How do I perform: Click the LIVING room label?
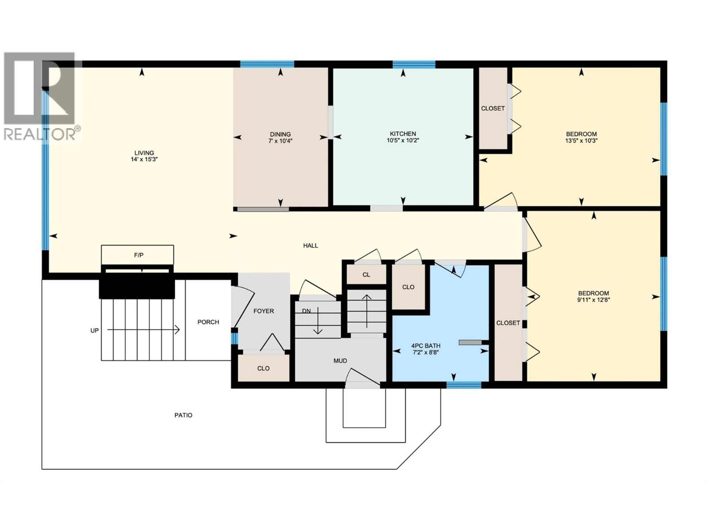[x=144, y=153]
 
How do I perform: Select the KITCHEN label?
[x=403, y=134]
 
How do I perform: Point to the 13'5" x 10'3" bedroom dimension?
[x=581, y=141]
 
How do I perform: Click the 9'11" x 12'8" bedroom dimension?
[x=594, y=300]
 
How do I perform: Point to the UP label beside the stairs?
[x=95, y=331]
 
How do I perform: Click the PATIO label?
[x=183, y=415]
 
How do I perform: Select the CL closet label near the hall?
[x=366, y=275]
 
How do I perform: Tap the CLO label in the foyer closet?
[x=263, y=369]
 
